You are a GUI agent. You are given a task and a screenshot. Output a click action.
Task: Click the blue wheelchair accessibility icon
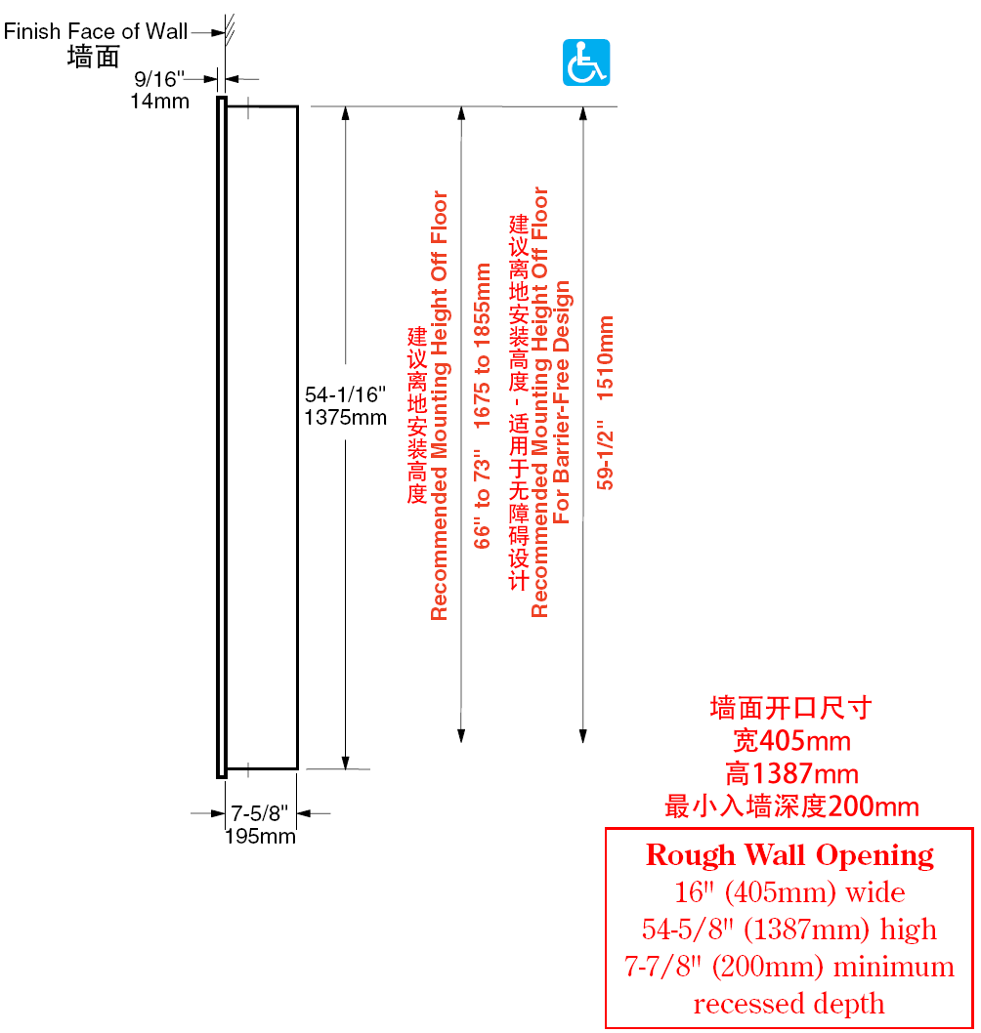pyautogui.click(x=586, y=62)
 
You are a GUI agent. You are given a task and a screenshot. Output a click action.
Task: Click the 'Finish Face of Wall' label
pyautogui.click(x=96, y=31)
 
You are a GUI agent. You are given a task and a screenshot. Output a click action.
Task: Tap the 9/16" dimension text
pyautogui.click(x=159, y=79)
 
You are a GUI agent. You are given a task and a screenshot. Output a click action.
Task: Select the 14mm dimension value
pyautogui.click(x=159, y=101)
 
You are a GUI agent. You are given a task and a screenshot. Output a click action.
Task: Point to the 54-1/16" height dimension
pyautogui.click(x=345, y=394)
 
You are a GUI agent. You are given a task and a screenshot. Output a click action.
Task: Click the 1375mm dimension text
pyautogui.click(x=345, y=417)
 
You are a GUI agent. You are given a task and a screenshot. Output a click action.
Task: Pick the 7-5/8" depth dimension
pyautogui.click(x=259, y=813)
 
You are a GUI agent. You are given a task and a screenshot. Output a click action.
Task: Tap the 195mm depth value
pyautogui.click(x=260, y=836)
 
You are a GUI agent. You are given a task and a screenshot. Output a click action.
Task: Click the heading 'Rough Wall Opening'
pyautogui.click(x=789, y=855)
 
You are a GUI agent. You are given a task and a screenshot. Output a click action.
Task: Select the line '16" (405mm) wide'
pyautogui.click(x=789, y=892)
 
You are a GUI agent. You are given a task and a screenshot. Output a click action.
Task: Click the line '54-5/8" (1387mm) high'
pyautogui.click(x=789, y=929)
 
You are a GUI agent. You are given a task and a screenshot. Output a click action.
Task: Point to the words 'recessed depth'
pyautogui.click(x=789, y=1004)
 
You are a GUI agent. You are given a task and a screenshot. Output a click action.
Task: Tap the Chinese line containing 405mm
pyautogui.click(x=791, y=741)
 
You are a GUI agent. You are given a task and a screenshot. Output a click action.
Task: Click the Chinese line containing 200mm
pyautogui.click(x=791, y=806)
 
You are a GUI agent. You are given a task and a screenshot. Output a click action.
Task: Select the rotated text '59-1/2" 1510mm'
pyautogui.click(x=605, y=402)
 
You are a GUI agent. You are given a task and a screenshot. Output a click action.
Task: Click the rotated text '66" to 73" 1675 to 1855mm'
pyautogui.click(x=482, y=406)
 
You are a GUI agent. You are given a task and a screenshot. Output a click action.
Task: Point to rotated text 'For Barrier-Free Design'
pyautogui.click(x=561, y=402)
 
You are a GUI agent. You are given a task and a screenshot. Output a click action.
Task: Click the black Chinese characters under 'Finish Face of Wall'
pyautogui.click(x=93, y=57)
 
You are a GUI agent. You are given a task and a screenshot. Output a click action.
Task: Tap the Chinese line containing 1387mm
pyautogui.click(x=791, y=773)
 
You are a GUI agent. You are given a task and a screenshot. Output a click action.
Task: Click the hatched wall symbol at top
pyautogui.click(x=229, y=30)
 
